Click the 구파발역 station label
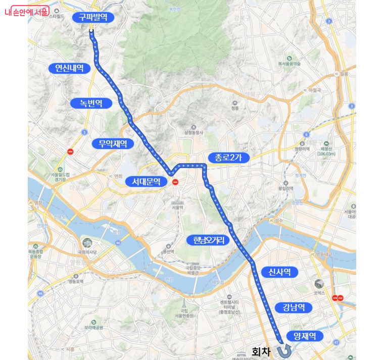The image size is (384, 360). tap(93, 17)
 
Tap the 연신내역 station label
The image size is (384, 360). tap(70, 68)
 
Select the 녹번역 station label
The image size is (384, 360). tap(91, 104)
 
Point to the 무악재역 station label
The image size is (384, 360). tap(113, 144)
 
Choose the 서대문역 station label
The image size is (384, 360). tap(146, 181)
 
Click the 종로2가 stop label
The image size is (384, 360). tap(229, 158)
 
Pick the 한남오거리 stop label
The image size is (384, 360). tap(208, 240)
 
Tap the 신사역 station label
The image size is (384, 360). tap(279, 272)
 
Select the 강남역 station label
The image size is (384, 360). tap(294, 307)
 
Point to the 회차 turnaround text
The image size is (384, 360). tap(261, 351)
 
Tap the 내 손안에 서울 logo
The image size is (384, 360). tap(27, 12)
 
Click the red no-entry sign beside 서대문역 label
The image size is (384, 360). tap(175, 182)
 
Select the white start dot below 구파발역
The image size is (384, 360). tap(91, 31)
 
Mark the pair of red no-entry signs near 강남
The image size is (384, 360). tap(338, 298)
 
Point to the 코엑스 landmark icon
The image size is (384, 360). tap(319, 284)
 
